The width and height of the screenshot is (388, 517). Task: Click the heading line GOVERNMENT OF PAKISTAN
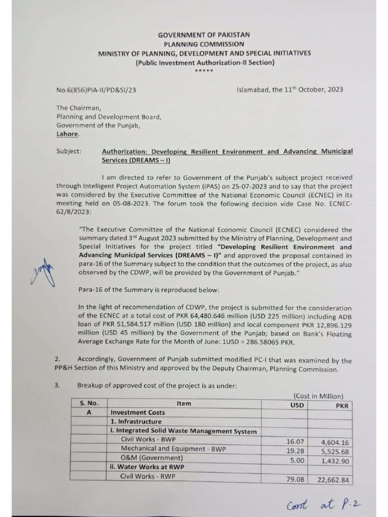tap(204, 35)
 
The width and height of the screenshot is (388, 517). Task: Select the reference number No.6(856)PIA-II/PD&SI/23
tap(96, 90)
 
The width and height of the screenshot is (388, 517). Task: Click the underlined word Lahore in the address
tap(68, 134)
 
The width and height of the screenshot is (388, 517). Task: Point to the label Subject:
tap(69, 151)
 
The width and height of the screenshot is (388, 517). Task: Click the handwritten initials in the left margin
tap(44, 271)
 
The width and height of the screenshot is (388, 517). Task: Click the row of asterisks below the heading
tap(204, 71)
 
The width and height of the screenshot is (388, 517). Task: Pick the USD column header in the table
tap(298, 404)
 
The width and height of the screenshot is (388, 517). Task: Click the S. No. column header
tap(89, 403)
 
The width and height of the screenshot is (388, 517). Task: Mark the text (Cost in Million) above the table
tap(318, 396)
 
